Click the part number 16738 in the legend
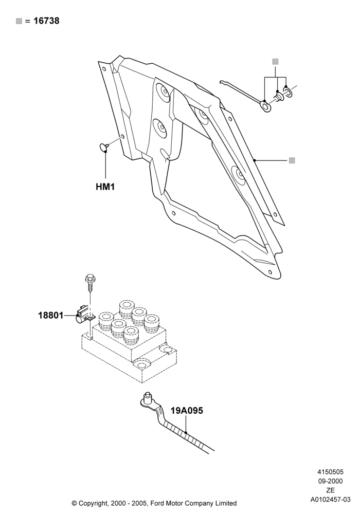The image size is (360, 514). pos(47,21)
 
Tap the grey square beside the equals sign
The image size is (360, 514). pos(19,21)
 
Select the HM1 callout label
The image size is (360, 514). pos(105,187)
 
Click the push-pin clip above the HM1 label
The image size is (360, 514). pos(103,147)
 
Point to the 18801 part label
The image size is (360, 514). pos(51,316)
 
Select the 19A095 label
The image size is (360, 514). pos(187,410)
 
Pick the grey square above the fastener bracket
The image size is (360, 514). pos(276,62)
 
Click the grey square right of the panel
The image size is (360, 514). pos(292,160)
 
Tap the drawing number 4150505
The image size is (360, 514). pos(330,472)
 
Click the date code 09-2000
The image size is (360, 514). pos(330,481)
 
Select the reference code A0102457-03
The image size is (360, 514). pos(331,500)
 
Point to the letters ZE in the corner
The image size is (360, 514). pos(330,490)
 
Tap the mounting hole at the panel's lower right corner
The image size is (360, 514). pos(269,272)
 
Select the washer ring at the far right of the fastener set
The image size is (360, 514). pos(287,92)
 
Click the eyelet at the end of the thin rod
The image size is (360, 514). pos(265,106)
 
